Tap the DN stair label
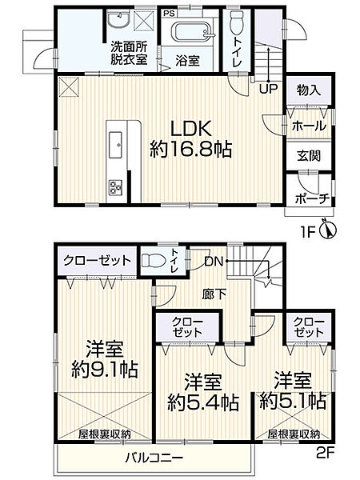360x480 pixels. (x=212, y=261)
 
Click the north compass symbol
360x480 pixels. (x=325, y=230)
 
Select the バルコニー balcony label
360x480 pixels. (x=154, y=458)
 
